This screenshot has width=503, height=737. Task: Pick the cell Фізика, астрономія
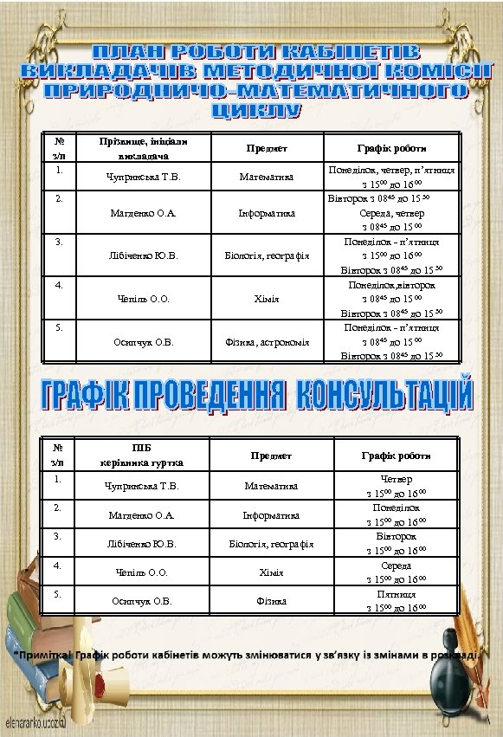click(267, 342)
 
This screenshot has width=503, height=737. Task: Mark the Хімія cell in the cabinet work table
click(267, 300)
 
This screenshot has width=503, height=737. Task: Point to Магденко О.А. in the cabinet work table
click(144, 213)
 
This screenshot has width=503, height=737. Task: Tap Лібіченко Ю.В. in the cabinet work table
click(144, 256)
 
